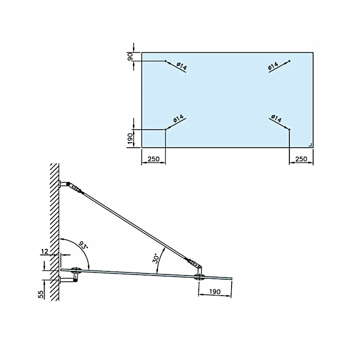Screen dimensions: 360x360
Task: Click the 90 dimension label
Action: point(130,57)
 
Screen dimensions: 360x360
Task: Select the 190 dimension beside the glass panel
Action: point(130,139)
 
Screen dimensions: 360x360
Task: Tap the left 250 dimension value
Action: point(153,159)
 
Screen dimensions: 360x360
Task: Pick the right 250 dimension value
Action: point(301,159)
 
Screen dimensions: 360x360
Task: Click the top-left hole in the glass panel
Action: point(166,61)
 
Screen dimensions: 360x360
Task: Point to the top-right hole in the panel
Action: point(289,61)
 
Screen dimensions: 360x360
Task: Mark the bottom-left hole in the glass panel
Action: point(166,130)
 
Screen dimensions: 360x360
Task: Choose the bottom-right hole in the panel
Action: point(289,130)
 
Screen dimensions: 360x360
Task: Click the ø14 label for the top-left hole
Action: point(182,66)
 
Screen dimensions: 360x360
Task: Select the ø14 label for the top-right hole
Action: point(273,66)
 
